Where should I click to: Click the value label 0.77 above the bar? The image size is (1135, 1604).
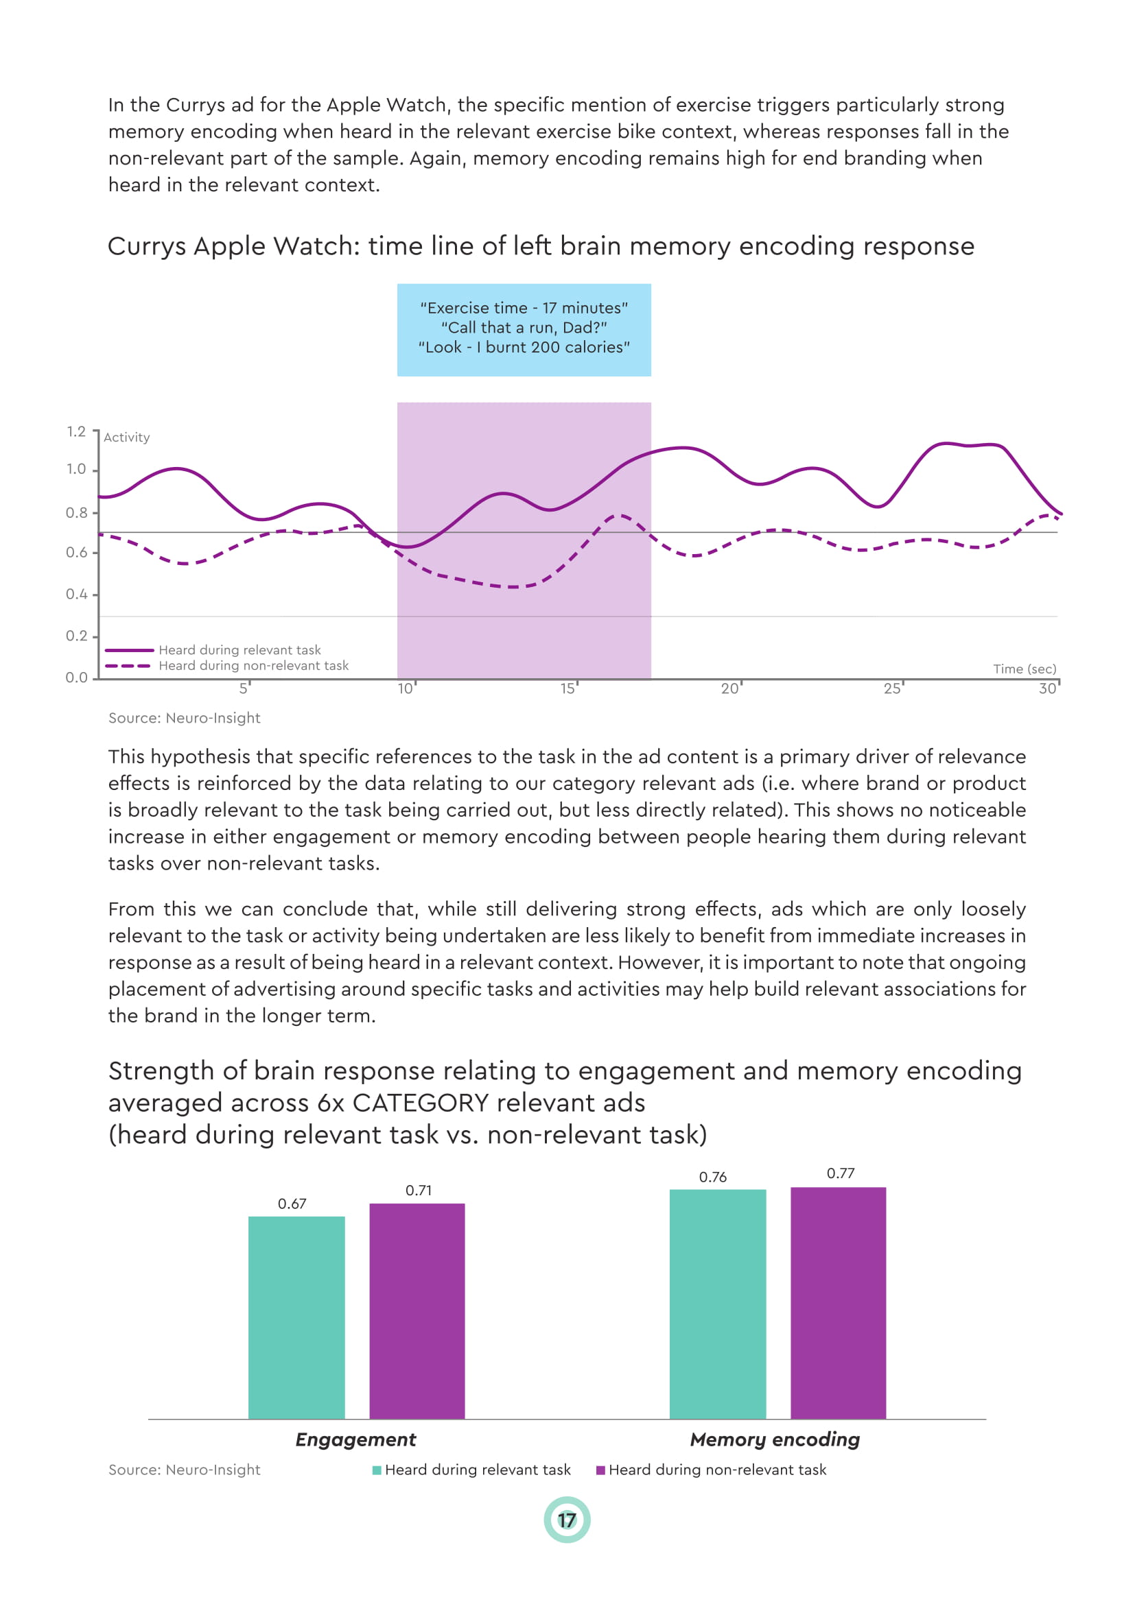click(x=840, y=1173)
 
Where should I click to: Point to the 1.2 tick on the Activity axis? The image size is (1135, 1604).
click(x=77, y=432)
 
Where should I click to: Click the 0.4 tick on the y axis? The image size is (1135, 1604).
click(x=77, y=594)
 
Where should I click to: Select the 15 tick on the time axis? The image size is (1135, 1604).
click(x=568, y=689)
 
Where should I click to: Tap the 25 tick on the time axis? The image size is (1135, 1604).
click(x=892, y=689)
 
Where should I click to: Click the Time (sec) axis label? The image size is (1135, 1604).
click(x=1024, y=669)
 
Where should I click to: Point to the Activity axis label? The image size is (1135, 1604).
click(x=126, y=438)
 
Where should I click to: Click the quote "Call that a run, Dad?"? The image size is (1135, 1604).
click(x=524, y=328)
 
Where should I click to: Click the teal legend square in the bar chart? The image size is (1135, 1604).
click(x=377, y=1470)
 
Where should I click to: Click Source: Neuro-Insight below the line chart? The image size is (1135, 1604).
click(x=184, y=718)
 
